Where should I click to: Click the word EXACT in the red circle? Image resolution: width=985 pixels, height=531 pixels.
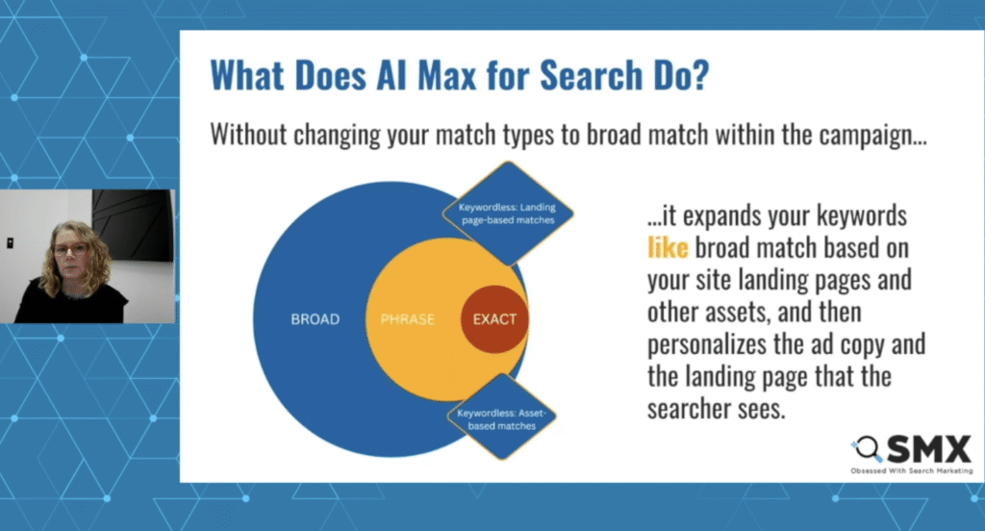coord(494,319)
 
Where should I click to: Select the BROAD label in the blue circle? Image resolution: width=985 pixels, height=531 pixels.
coord(316,319)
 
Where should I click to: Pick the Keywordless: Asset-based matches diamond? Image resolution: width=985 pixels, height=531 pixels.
coord(507,418)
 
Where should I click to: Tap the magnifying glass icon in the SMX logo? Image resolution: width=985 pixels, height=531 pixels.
coord(868,448)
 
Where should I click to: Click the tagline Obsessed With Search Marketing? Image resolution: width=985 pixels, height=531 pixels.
coord(911,470)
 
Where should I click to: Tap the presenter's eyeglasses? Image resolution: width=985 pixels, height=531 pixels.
coord(69,249)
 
